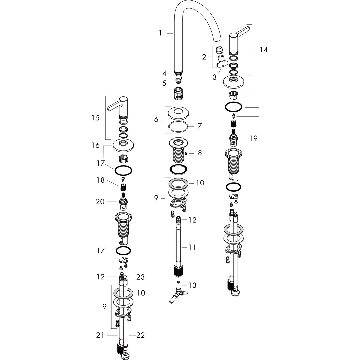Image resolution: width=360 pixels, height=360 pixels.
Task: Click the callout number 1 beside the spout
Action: coord(160,33)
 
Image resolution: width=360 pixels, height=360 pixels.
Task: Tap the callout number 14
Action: coord(264,50)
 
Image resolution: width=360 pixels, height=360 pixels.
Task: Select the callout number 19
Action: coord(253,138)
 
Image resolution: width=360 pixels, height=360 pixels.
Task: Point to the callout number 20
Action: coord(100,202)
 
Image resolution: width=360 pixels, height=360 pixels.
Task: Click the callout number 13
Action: coord(192,285)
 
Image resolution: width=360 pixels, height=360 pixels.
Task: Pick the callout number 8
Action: coord(200,153)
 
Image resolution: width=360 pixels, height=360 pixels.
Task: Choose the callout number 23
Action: coord(141,277)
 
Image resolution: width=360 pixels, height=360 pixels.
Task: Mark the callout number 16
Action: coord(96,145)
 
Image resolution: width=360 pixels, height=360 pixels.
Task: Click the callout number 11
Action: coord(192,247)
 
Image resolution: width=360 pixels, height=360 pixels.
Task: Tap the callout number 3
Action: coord(214,77)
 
